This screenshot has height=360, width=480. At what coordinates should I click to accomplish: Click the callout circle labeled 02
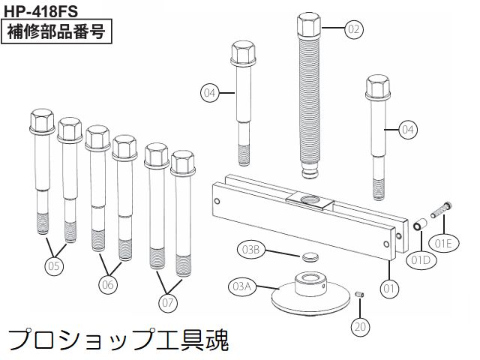click(x=354, y=29)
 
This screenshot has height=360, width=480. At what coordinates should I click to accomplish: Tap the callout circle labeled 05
click(x=54, y=265)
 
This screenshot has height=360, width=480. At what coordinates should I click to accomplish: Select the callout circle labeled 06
click(x=109, y=284)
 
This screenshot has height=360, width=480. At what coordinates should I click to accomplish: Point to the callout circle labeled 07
click(x=168, y=302)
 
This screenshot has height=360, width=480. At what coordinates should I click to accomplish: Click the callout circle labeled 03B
click(x=250, y=249)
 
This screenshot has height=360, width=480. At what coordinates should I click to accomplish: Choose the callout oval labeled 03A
click(x=241, y=286)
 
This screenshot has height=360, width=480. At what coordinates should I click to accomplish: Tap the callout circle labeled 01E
click(x=445, y=242)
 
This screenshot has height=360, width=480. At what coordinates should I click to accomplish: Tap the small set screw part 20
click(x=358, y=295)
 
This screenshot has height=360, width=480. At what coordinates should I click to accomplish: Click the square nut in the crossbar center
click(x=308, y=198)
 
